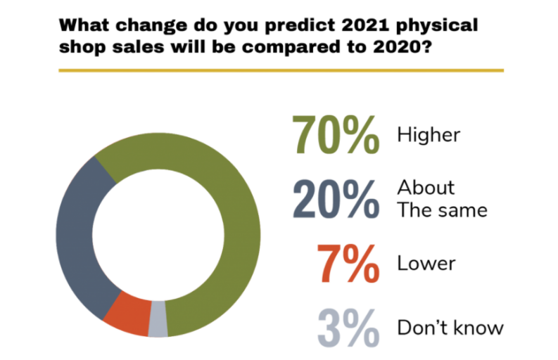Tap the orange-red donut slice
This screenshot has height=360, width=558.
[127, 316]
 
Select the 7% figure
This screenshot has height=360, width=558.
[346, 264]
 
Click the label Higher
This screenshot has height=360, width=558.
[428, 134]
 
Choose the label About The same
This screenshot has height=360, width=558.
[442, 199]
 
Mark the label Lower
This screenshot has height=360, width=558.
[426, 264]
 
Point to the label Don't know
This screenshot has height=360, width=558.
[450, 328]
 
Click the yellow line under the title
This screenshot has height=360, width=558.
[281, 70]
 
